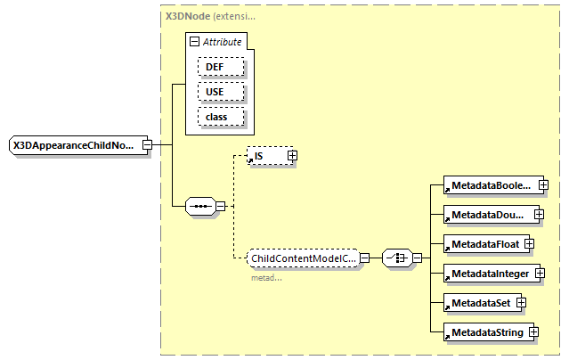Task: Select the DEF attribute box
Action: pyautogui.click(x=215, y=67)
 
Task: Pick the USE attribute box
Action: pyautogui.click(x=215, y=92)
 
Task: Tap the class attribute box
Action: pyautogui.click(x=215, y=117)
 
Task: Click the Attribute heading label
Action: pyautogui.click(x=222, y=42)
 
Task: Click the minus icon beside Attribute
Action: pyautogui.click(x=194, y=42)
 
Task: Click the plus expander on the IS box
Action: pyautogui.click(x=291, y=156)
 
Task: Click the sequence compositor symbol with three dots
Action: pyautogui.click(x=200, y=206)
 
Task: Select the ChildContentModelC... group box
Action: pyautogui.click(x=302, y=258)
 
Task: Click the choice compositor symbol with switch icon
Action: pyautogui.click(x=396, y=258)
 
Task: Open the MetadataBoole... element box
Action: pyautogui.click(x=490, y=185)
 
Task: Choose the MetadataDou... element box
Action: pyautogui.click(x=490, y=215)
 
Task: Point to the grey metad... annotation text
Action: pyautogui.click(x=266, y=277)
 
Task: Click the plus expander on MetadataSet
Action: pyautogui.click(x=521, y=302)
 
